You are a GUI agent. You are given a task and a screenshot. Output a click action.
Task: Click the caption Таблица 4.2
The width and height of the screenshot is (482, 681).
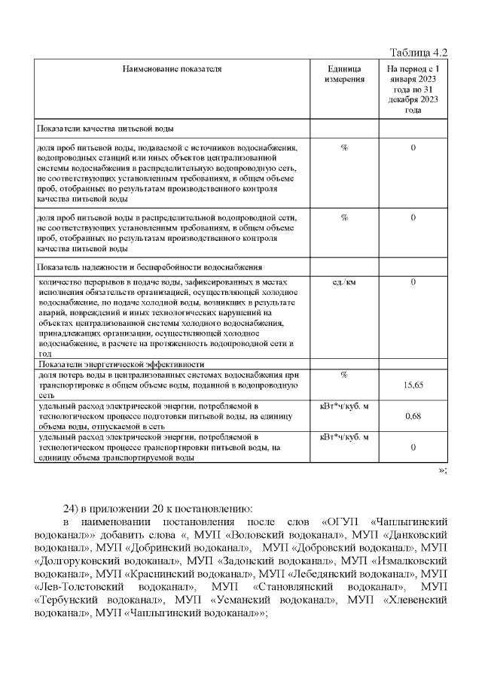[419, 52]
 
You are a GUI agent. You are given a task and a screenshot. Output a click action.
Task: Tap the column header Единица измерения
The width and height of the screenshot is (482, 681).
[343, 73]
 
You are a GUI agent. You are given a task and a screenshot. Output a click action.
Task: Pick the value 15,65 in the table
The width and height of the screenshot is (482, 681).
[413, 385]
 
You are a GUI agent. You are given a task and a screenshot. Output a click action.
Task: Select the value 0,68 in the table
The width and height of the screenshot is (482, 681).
[413, 415]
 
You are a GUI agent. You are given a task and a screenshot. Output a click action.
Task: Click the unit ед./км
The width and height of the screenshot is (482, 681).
[343, 282]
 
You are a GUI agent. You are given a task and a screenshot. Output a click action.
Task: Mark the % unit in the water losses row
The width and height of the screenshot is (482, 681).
[343, 374]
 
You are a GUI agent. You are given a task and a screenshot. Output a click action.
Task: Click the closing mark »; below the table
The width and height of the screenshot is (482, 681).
[443, 470]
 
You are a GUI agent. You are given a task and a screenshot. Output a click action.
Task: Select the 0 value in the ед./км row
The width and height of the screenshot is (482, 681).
[413, 282]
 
